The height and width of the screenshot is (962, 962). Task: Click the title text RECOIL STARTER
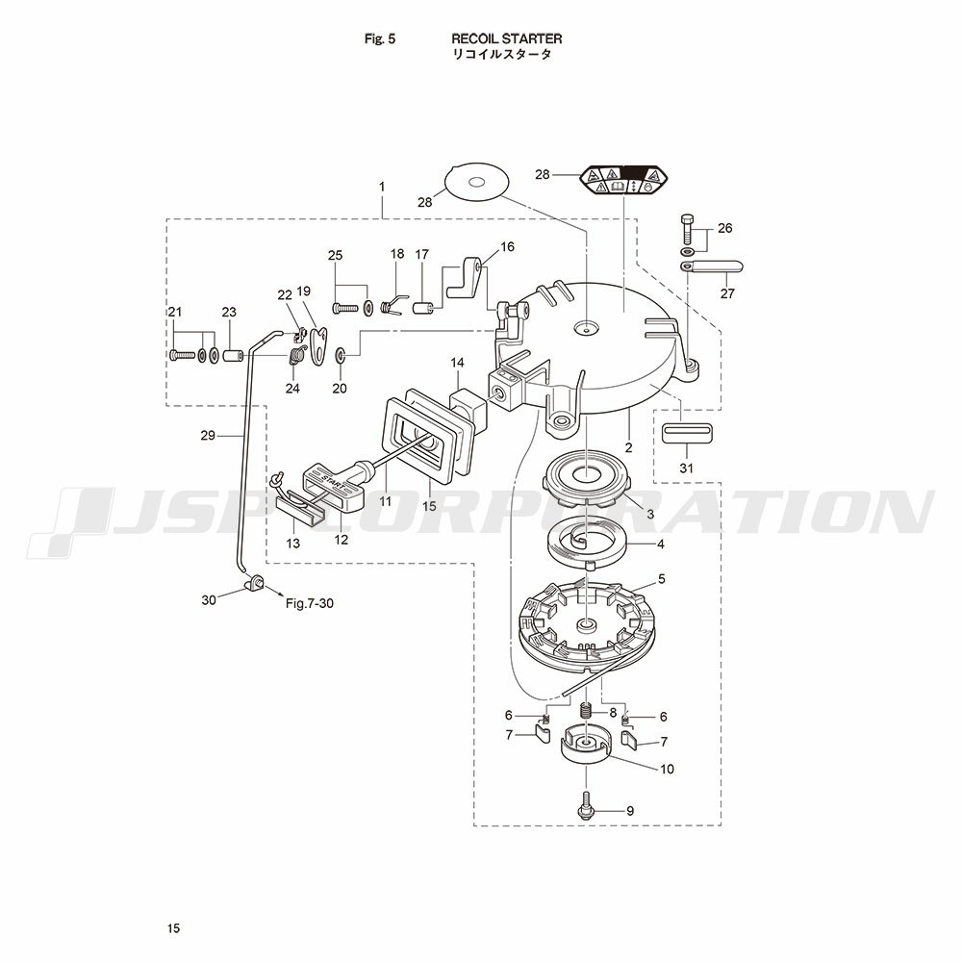507,38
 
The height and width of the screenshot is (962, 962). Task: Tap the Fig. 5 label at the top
380,38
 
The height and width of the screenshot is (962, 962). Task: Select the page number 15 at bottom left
172,928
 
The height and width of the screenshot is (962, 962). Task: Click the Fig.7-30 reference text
309,603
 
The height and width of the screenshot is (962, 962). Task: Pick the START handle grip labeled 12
332,486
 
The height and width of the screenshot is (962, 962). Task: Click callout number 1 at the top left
382,186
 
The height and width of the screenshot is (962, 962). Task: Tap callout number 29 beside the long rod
207,436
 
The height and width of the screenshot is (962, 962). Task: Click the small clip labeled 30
256,581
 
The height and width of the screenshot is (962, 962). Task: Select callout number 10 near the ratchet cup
667,769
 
